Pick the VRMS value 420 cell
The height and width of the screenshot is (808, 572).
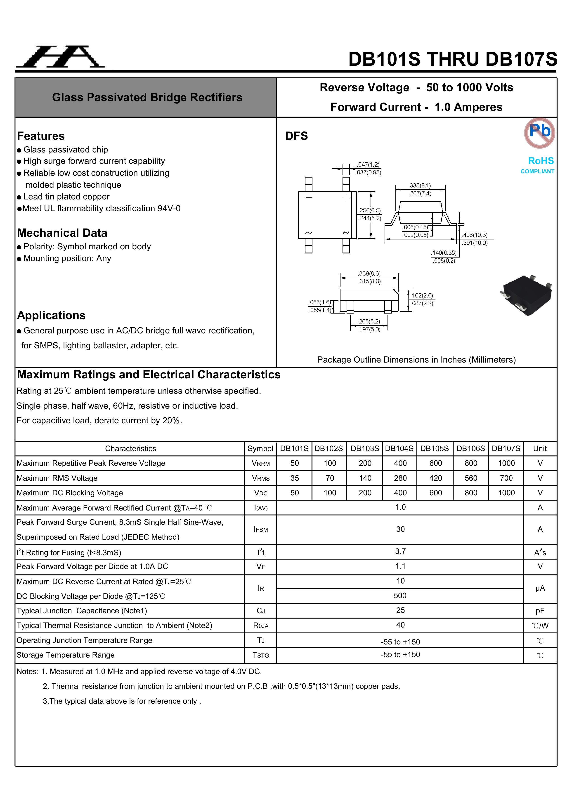pos(435,478)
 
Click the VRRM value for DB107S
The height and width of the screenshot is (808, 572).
pos(506,463)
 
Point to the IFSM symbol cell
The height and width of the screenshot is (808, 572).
pos(261,529)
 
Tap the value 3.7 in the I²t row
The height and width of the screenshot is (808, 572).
pos(400,551)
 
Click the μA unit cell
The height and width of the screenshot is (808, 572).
pos(540,588)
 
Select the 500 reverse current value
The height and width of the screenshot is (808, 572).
pos(400,595)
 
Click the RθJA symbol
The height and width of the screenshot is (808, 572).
pos(261,625)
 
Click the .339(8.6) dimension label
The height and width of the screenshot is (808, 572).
pos(369,274)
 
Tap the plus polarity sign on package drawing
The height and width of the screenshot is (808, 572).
pos(346,198)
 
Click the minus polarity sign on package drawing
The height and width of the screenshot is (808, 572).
pos(309,198)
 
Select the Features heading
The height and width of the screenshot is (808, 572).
pos(41,136)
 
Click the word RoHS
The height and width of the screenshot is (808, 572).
pos(541,161)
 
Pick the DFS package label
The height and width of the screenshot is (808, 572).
pos(296,136)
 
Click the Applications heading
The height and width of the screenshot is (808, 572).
pos(51,315)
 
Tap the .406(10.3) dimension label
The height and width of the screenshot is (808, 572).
pos(475,235)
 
